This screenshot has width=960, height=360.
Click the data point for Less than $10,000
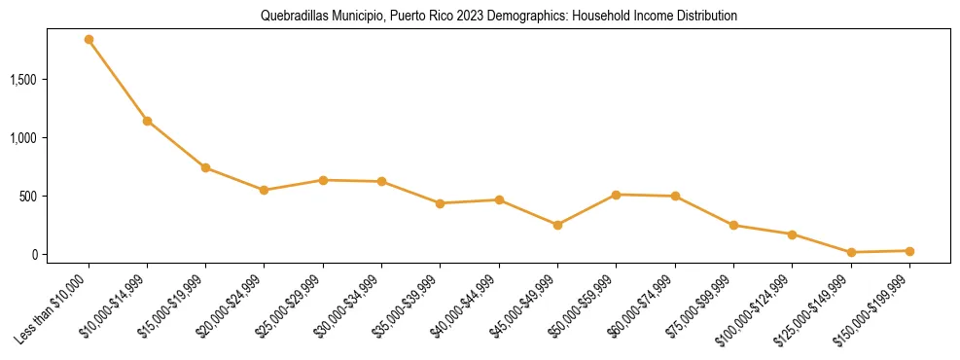tap(89, 40)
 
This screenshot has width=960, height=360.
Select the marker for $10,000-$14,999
tap(147, 121)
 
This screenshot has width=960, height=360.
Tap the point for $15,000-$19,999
tap(205, 168)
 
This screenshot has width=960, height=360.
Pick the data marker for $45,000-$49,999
tap(557, 225)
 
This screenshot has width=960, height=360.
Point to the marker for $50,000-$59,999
tap(616, 195)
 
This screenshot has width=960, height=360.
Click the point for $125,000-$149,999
tap(851, 252)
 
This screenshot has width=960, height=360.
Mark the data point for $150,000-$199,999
tap(909, 251)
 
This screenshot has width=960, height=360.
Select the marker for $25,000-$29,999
tap(323, 180)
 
